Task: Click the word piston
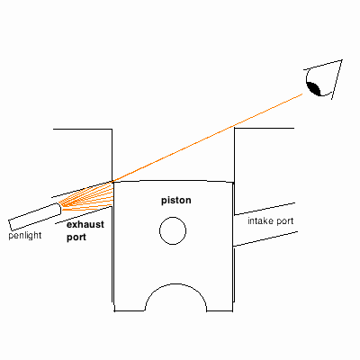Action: (176, 201)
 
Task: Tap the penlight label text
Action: (25, 236)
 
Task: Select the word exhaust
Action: (85, 224)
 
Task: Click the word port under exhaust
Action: (76, 238)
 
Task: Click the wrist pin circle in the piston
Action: (173, 230)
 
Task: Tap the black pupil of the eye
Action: (314, 89)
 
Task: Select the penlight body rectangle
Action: (35, 217)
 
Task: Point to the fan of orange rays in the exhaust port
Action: (87, 196)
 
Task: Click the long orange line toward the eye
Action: (208, 138)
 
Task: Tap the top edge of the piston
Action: (174, 181)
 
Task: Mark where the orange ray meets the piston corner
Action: (112, 182)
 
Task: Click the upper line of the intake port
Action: (265, 209)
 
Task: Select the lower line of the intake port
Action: (265, 239)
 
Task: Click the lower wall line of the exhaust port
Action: (84, 215)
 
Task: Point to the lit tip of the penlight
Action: (59, 209)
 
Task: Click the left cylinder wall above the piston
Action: (112, 155)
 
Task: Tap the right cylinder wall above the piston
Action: (234, 155)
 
